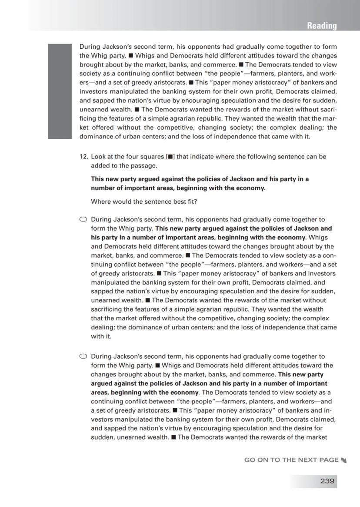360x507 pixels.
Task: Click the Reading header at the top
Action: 321,26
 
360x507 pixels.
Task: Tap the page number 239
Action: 327,481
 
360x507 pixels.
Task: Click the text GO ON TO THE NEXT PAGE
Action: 291,460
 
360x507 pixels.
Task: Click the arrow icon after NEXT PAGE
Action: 344,460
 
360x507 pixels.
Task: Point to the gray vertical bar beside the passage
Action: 59,91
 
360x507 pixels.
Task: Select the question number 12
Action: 83,157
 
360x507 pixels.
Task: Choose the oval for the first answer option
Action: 83,219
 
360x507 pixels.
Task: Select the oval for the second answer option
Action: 83,356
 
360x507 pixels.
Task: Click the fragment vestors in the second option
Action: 102,419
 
